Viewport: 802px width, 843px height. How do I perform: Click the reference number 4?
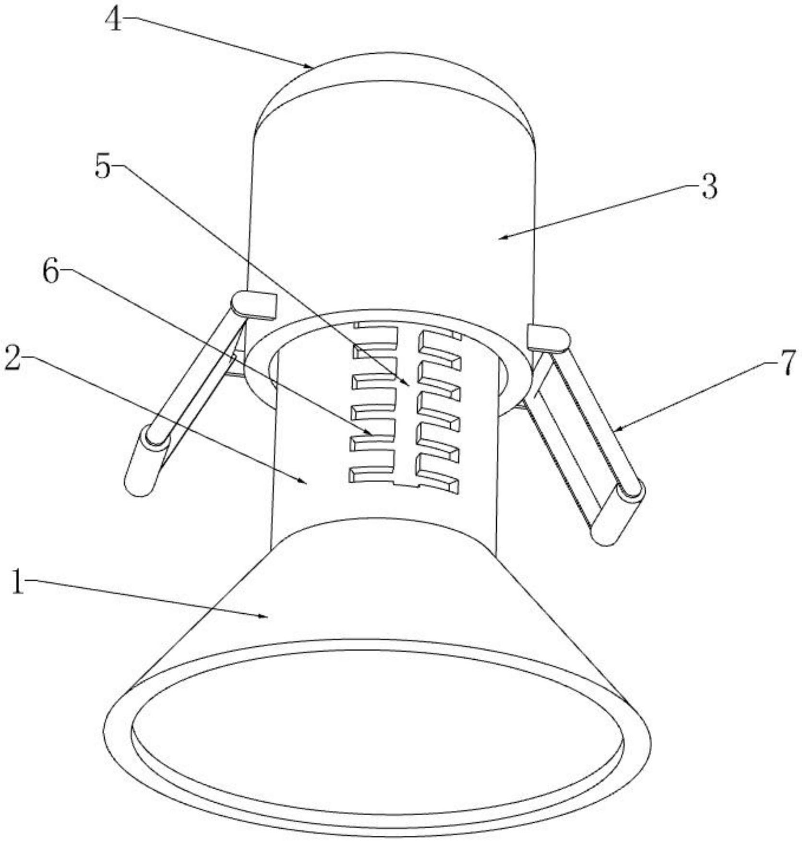tap(114, 21)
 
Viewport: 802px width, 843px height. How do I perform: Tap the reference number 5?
tap(102, 167)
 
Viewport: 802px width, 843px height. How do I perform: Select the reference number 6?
tap(50, 273)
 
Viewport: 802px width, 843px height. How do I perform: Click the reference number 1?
tap(18, 582)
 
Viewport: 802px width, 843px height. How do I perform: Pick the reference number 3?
tap(709, 187)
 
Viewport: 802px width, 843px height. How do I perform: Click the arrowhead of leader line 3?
tap(499, 237)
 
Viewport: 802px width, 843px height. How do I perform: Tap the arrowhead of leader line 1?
tap(266, 617)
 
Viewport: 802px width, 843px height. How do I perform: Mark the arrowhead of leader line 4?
tap(311, 66)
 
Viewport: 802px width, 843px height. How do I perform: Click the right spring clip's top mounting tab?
tap(547, 336)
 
